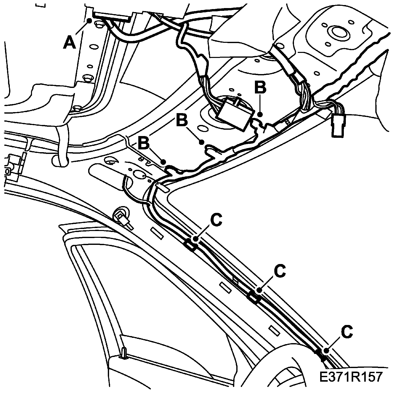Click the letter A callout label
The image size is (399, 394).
coord(69,43)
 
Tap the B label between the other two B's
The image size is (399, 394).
coord(182,120)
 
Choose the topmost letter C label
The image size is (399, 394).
coord(216,220)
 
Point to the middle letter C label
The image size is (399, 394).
coord(280,271)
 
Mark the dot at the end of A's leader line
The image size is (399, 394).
coord(89,21)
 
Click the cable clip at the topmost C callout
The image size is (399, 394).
coord(191,245)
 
